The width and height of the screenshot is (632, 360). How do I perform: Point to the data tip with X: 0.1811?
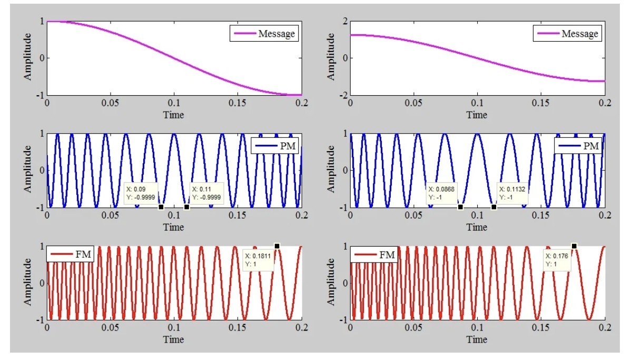pyautogui.click(x=259, y=260)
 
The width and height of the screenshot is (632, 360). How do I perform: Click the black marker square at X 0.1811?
pyautogui.click(x=277, y=246)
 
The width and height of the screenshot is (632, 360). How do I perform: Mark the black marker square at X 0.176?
pyautogui.click(x=574, y=246)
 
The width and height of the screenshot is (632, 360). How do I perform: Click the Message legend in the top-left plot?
pyautogui.click(x=264, y=34)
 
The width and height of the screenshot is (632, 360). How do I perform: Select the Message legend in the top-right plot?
pyautogui.click(x=568, y=34)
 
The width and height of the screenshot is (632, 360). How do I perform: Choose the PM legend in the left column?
pyautogui.click(x=275, y=146)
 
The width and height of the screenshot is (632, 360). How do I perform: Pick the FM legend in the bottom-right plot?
pyautogui.click(x=374, y=255)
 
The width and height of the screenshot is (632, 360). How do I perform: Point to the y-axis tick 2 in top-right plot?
pyautogui.click(x=345, y=22)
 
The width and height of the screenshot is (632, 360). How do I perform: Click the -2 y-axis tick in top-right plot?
pyautogui.click(x=344, y=95)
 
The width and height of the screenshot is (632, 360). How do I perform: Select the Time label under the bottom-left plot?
pyautogui.click(x=173, y=339)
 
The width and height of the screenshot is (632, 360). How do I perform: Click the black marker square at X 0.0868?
pyautogui.click(x=461, y=207)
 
